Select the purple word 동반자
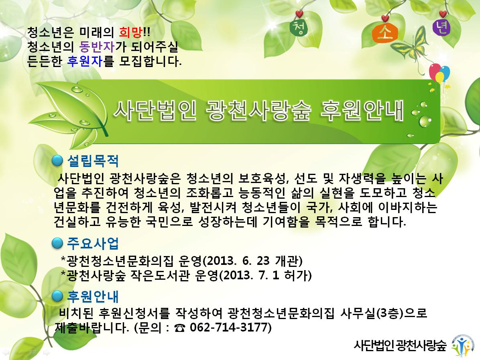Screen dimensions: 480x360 pos(97,47)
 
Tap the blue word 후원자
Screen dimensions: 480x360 pos(85,61)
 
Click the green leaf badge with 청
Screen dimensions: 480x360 pos(299,28)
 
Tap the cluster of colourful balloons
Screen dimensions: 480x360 pos(439,73)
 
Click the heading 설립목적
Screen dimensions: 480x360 pos(93,161)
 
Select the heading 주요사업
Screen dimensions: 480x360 pos(93,243)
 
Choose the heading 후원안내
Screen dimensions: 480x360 pos(93,296)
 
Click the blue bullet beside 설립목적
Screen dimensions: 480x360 pos(57,161)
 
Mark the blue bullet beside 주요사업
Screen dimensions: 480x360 pos(57,243)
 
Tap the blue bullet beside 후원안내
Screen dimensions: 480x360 pos(57,296)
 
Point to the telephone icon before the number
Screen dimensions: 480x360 pos(180,328)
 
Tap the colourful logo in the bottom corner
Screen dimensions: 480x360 pos(462,346)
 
